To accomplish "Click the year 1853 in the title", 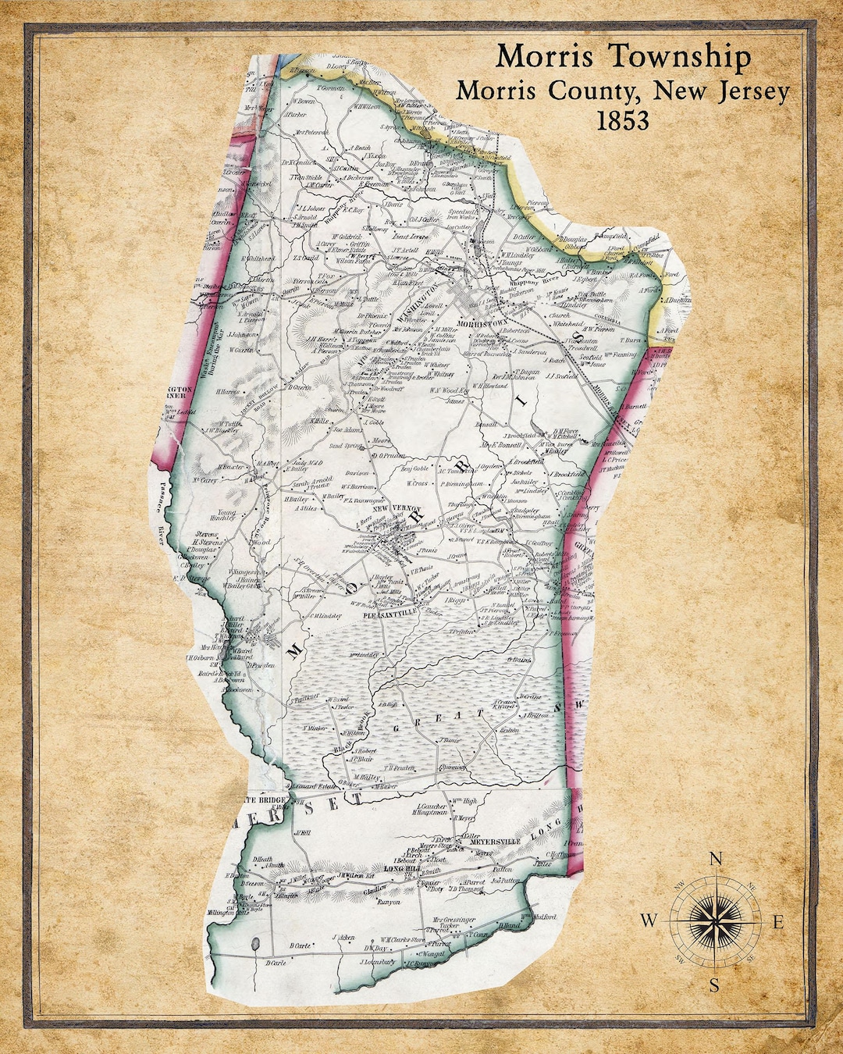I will point(623,121).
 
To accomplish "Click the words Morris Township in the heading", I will point(624,57).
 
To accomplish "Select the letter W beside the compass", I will point(649,920).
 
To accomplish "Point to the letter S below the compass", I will point(714,985).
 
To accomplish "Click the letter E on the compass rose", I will point(777,922).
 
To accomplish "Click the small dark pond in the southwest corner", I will point(255,946).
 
